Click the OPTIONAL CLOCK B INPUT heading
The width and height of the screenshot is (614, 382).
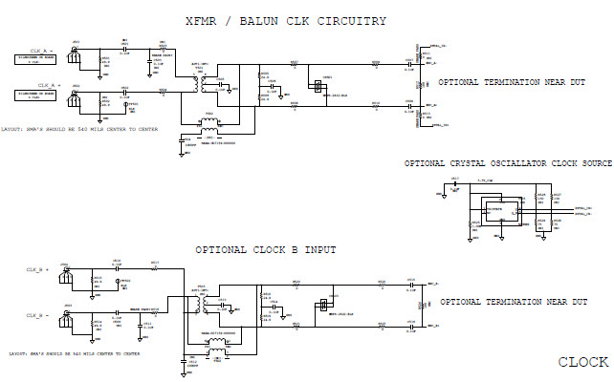[x=265, y=249]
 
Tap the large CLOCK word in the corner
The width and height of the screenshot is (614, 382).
[x=583, y=362]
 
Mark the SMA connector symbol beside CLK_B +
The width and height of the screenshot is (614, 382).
[x=66, y=272]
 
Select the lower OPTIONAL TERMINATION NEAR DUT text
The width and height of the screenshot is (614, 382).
[x=512, y=302]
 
